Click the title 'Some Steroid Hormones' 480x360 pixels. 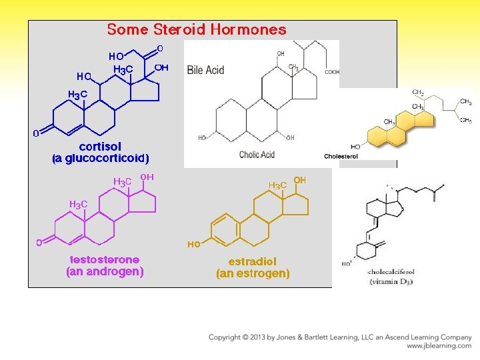[197, 29]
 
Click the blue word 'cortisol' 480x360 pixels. [100, 147]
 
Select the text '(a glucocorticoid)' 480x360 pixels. [101, 159]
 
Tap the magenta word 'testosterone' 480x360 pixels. [105, 259]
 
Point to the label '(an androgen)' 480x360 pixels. [105, 271]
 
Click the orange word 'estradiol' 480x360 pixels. [252, 261]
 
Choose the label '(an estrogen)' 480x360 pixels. [253, 273]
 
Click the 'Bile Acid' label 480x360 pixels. [205, 70]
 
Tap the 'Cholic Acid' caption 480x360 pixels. [257, 155]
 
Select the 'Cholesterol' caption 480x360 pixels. [341, 156]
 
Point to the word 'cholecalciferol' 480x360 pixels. [391, 273]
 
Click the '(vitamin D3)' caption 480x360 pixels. [391, 282]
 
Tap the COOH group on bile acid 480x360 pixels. [331, 72]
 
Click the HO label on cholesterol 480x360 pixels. [355, 147]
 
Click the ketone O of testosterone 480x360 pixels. [39, 243]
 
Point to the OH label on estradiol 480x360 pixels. [300, 181]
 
